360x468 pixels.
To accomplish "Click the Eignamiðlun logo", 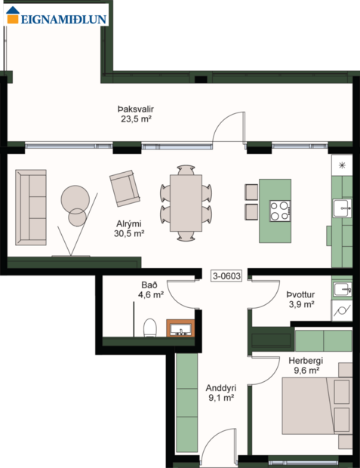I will point(57,14).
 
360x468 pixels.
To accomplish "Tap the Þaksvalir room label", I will point(137,109).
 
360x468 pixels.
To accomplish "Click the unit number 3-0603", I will point(226,276).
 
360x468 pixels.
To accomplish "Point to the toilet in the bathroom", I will point(149,327).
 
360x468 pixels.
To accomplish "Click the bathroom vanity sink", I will point(181,328).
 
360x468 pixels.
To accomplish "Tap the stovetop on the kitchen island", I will point(280,210).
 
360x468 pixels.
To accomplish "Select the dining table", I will point(185,203).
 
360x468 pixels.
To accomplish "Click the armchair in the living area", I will point(124,188).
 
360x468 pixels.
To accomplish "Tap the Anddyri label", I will point(220,388).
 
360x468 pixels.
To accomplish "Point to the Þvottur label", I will point(299,294).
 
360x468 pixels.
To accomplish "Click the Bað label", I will point(149,285).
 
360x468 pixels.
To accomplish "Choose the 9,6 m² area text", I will point(306,371).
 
